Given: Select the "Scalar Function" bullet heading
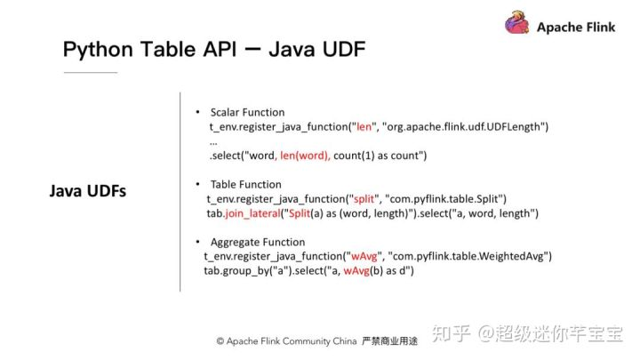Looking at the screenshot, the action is (247, 113).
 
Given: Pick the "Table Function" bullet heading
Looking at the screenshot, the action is (245, 184).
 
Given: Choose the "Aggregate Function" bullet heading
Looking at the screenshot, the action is (257, 242).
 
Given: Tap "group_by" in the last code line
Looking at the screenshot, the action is (248, 270).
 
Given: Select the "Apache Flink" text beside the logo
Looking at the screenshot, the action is (577, 27).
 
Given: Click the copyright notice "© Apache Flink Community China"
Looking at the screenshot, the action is (286, 340).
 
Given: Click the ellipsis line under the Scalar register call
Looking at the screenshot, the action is (213, 141).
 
